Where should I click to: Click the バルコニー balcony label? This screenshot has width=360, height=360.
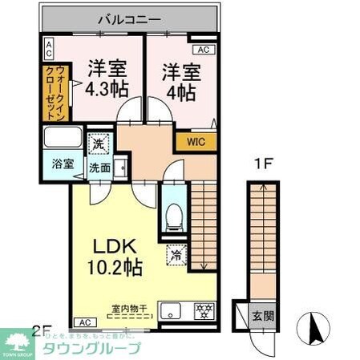pos(130,17)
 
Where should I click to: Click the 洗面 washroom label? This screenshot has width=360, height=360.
pos(100,168)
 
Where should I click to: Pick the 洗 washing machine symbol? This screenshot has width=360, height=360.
pos(97,145)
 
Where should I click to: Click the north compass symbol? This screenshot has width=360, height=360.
pos(313,328)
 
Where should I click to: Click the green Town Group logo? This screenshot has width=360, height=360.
pos(16,342)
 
